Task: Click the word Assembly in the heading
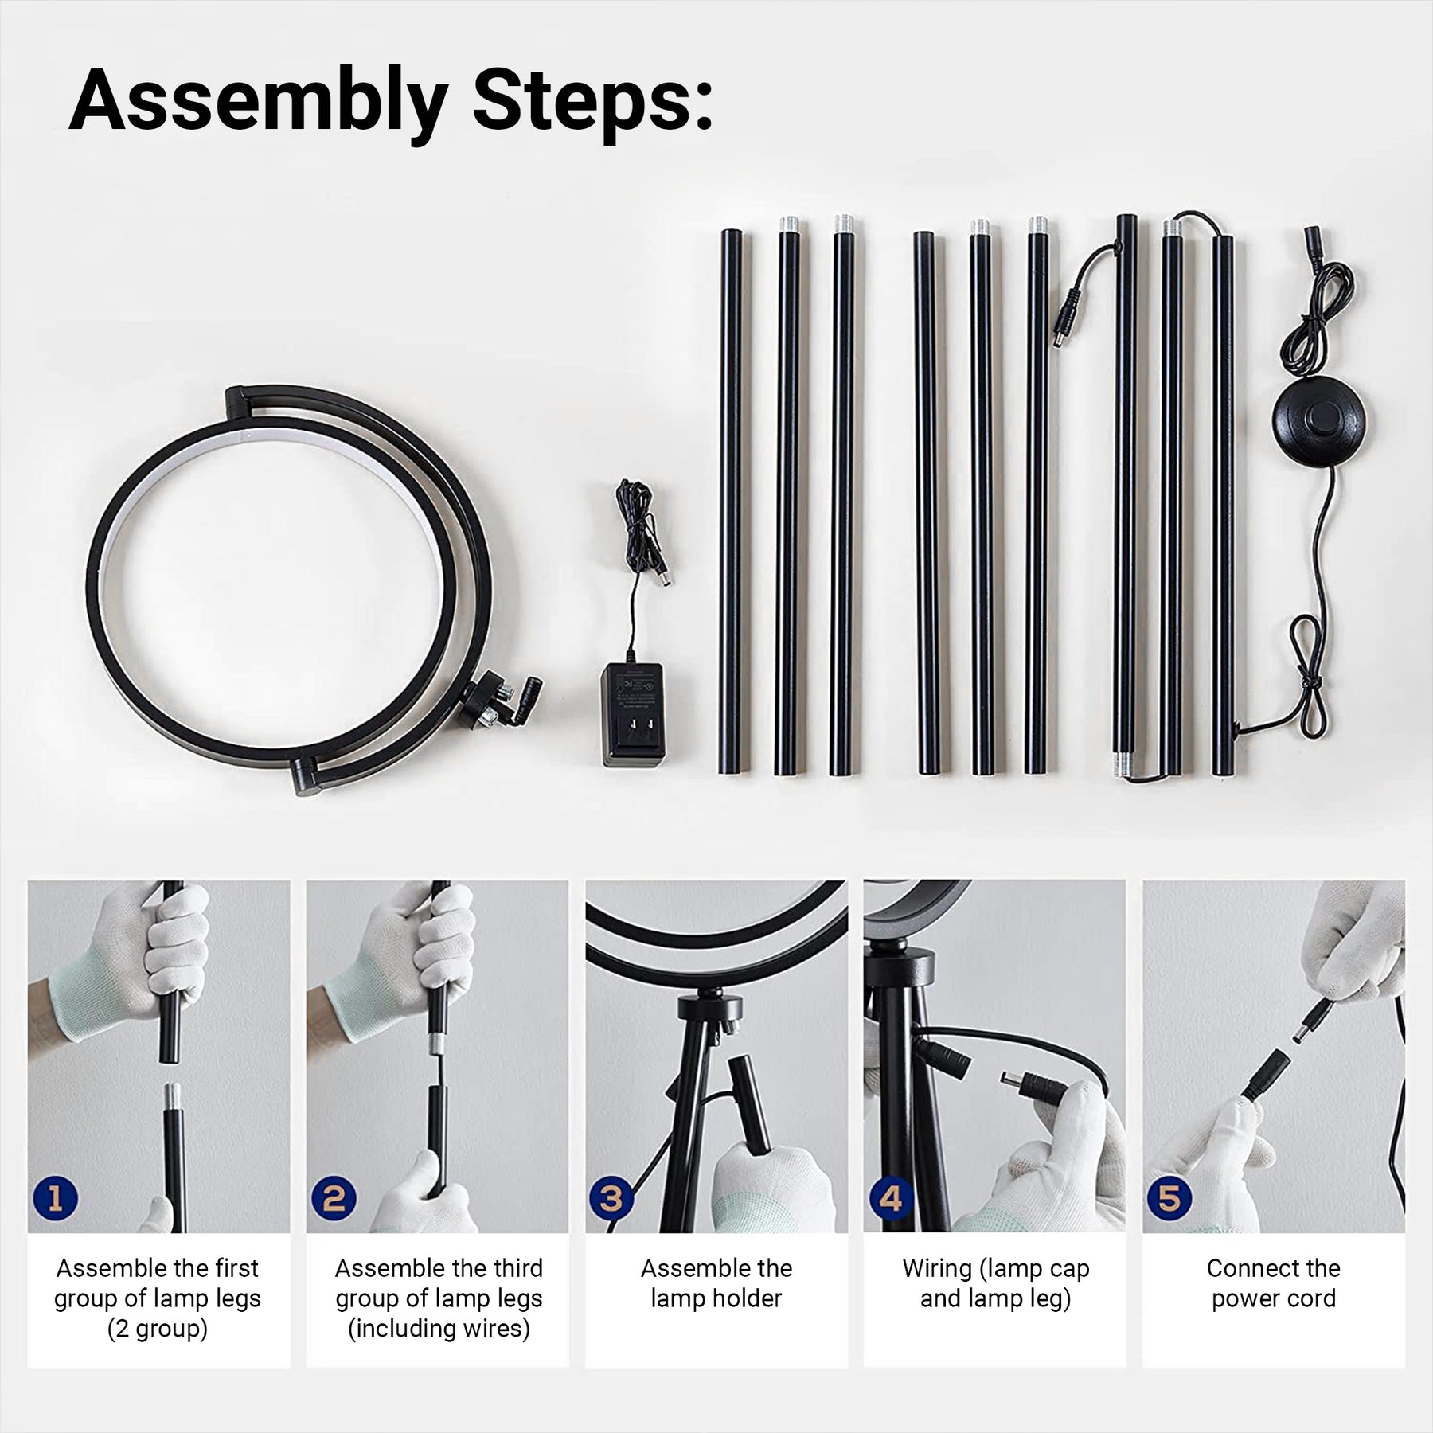pyautogui.click(x=257, y=102)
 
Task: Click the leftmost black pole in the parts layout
pyautogui.click(x=732, y=502)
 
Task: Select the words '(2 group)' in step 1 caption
pyautogui.click(x=158, y=1328)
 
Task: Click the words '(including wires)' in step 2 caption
pyautogui.click(x=439, y=1328)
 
